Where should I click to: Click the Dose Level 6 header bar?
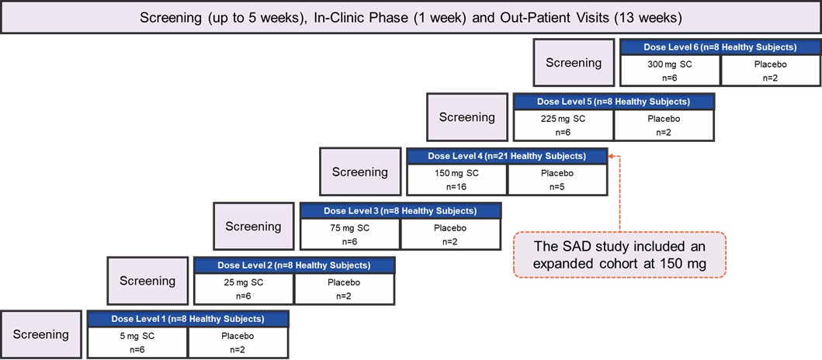pyautogui.click(x=720, y=47)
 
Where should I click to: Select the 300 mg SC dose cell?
pyautogui.click(x=670, y=71)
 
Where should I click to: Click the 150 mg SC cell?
pyautogui.click(x=457, y=179)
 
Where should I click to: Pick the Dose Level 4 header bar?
pyautogui.click(x=507, y=156)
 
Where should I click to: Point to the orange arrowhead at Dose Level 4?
pyautogui.click(x=612, y=156)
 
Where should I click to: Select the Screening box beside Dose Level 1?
pyautogui.click(x=40, y=334)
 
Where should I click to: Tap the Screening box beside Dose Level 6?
pyautogui.click(x=573, y=63)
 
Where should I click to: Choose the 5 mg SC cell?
pyautogui.click(x=137, y=342)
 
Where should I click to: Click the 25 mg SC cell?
pyautogui.click(x=244, y=288)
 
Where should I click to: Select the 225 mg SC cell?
pyautogui.click(x=564, y=125)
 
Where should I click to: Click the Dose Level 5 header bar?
pyautogui.click(x=613, y=102)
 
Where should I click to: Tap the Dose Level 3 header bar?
pyautogui.click(x=401, y=210)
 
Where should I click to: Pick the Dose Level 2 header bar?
pyautogui.click(x=294, y=265)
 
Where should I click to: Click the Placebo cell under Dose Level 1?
pyautogui.click(x=238, y=342)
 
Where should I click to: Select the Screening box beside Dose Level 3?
pyautogui.click(x=253, y=226)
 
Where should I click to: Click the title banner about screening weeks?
pyautogui.click(x=411, y=17)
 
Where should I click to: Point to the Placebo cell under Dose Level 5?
pyautogui.click(x=664, y=125)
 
